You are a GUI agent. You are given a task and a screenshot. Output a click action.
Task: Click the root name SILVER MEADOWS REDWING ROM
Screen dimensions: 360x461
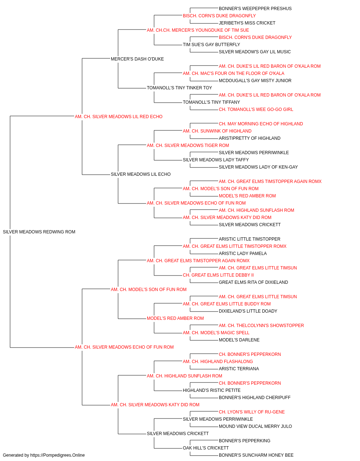[x=39, y=232]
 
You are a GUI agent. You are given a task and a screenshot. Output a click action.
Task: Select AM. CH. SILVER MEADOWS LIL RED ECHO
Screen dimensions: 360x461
[x=118, y=117]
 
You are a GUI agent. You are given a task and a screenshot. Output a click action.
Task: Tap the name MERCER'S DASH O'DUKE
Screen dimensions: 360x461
[x=137, y=59]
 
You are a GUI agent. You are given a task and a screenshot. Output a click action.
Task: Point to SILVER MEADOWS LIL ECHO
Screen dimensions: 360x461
[x=140, y=174]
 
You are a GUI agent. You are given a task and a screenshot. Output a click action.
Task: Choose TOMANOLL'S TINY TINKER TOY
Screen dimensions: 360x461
[x=179, y=88]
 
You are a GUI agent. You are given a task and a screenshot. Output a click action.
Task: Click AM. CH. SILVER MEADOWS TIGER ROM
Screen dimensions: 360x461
[x=188, y=146]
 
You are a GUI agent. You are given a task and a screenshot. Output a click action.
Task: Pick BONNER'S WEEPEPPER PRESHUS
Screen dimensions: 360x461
[x=255, y=9]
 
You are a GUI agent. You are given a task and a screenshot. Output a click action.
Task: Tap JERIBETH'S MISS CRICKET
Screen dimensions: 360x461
[x=247, y=23]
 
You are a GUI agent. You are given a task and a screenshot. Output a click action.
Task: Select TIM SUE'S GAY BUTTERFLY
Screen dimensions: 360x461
[x=211, y=45]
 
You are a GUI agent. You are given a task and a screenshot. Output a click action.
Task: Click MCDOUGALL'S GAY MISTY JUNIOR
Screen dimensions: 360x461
[x=255, y=81]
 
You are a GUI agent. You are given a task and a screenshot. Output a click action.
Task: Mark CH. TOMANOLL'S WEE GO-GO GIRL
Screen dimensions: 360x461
[x=256, y=109]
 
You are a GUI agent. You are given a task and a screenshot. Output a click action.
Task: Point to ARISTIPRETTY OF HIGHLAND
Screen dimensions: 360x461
[x=249, y=138]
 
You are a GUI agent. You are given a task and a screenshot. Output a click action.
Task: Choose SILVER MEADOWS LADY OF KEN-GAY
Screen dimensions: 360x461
[x=258, y=167]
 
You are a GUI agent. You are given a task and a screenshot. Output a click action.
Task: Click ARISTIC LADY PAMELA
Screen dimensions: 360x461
[x=243, y=254]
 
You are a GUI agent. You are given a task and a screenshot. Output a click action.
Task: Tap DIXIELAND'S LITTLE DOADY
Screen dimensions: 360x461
[x=248, y=311]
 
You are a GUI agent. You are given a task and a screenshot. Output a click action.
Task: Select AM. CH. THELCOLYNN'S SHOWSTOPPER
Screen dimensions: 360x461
[x=261, y=326]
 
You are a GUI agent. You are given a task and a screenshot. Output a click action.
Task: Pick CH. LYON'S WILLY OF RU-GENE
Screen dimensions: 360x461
[x=252, y=412]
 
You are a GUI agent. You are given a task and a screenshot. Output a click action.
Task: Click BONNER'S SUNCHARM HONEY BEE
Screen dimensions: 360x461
[x=256, y=455]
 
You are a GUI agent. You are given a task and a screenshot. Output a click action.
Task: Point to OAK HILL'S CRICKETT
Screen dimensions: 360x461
[x=206, y=448]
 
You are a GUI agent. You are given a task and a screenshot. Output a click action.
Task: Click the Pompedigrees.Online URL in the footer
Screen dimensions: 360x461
[x=57, y=455]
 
